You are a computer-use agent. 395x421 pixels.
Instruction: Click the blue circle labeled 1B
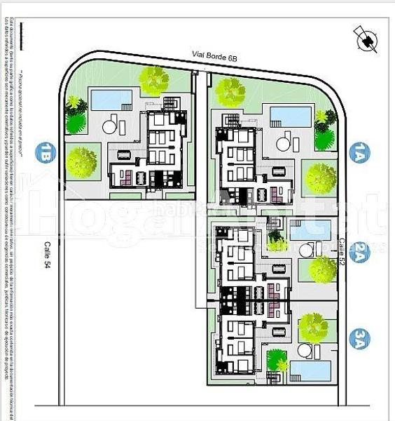(48, 152)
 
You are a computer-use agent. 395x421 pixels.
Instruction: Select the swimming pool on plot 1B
(107, 100)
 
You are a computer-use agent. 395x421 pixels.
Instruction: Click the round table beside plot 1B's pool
(109, 127)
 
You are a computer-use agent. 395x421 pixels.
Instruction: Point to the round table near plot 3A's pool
(305, 349)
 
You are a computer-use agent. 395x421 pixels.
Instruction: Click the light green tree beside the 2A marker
(323, 267)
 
